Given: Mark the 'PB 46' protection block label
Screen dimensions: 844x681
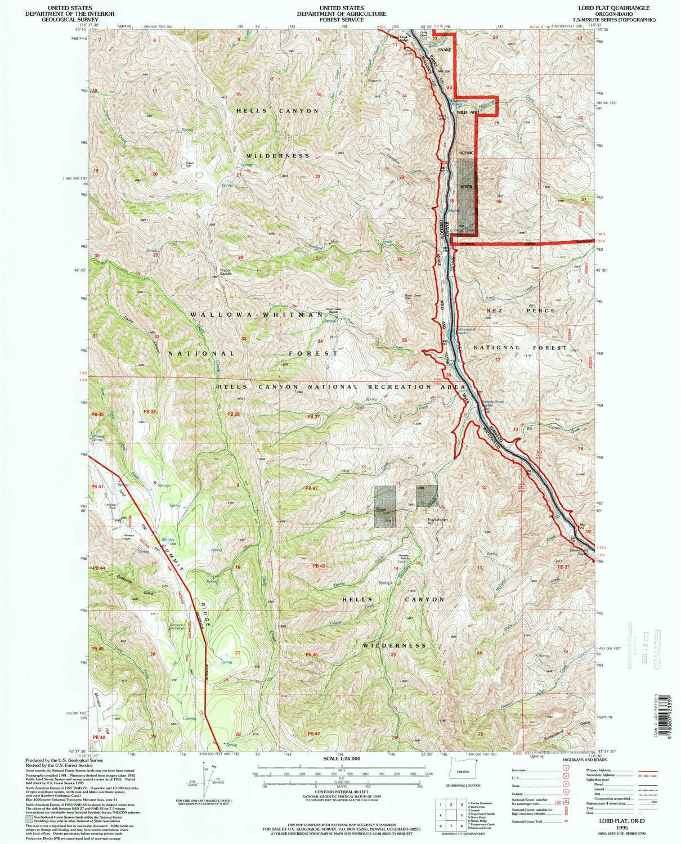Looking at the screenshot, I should point(312,655).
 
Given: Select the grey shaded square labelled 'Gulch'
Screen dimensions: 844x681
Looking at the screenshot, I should point(385,507).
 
